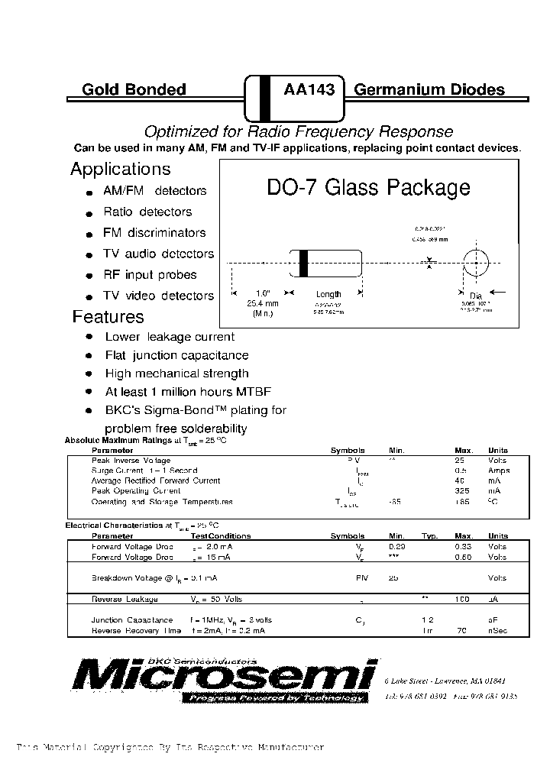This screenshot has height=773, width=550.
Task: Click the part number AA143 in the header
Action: click(309, 89)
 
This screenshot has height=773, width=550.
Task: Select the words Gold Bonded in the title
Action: click(134, 89)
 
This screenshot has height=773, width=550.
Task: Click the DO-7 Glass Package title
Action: click(368, 188)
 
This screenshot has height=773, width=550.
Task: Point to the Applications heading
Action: click(121, 169)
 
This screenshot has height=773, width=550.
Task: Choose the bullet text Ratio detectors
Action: click(147, 212)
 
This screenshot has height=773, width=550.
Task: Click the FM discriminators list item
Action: click(154, 232)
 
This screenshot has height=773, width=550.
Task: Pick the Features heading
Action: click(108, 316)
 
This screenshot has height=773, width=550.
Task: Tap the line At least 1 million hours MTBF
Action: click(188, 392)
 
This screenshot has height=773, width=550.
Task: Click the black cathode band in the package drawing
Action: click(304, 264)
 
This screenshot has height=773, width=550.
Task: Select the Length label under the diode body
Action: click(328, 294)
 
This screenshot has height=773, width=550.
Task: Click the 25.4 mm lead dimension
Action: click(263, 303)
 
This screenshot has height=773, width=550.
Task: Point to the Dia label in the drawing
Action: click(476, 296)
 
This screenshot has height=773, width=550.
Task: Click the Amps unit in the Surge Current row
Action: click(498, 471)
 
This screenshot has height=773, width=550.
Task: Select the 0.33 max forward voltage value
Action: click(463, 547)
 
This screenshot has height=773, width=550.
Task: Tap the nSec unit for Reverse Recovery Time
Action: click(498, 631)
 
